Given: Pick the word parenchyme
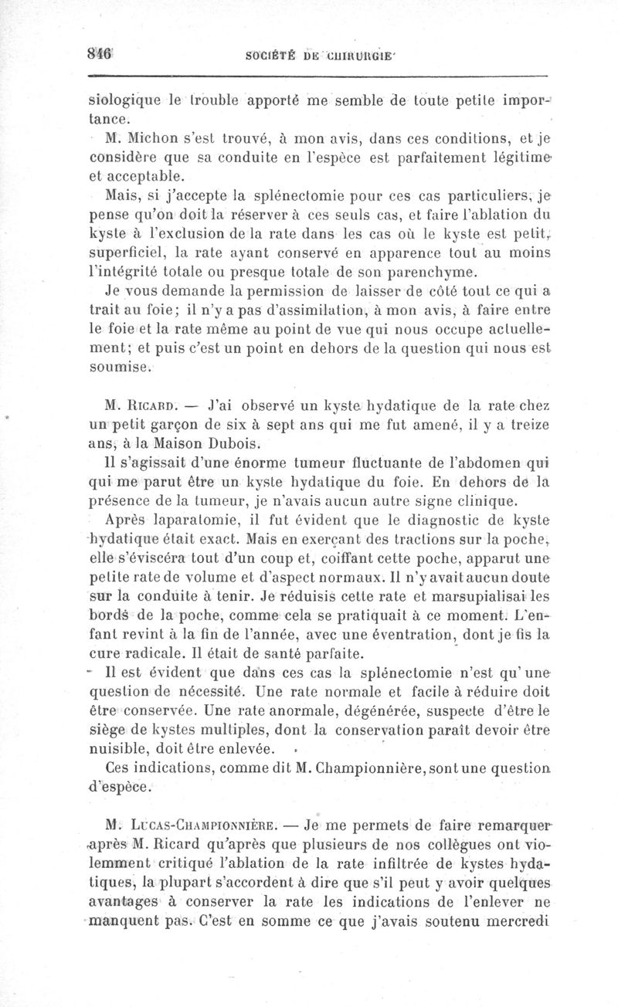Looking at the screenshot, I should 446,271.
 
